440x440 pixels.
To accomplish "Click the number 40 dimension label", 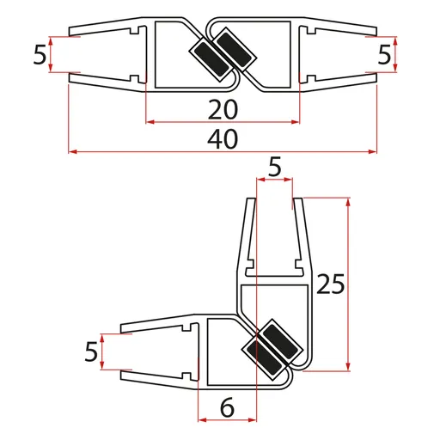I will [x=222, y=137].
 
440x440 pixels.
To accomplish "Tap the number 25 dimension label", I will [x=331, y=284].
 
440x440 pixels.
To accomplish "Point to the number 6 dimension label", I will [x=227, y=409].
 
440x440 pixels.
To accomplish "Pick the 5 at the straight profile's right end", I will [x=385, y=56].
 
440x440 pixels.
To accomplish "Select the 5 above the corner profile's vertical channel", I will [x=274, y=168].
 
